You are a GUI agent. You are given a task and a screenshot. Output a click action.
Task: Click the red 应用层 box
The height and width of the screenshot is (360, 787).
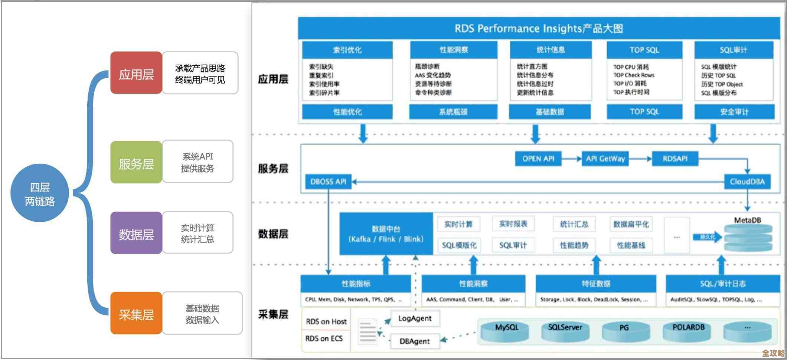click(136, 73)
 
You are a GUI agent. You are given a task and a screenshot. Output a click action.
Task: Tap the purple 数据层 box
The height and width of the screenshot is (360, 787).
click(136, 233)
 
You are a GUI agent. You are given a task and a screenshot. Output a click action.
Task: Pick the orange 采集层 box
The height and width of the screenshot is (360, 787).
click(136, 314)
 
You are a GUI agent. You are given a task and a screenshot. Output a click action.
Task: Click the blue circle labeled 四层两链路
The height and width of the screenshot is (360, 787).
click(40, 193)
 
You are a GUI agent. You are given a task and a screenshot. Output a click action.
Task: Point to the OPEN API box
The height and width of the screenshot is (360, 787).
click(538, 159)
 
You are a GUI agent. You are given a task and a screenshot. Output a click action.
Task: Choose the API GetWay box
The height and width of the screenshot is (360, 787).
click(605, 159)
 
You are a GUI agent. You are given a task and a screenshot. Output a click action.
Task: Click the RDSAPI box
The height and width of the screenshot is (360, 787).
click(675, 159)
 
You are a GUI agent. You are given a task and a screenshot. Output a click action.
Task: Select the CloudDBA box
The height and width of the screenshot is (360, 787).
click(747, 182)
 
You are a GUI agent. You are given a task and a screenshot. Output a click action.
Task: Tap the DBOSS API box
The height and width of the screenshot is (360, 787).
click(328, 182)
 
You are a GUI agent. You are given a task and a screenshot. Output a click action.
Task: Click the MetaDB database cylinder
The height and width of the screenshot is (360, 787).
click(748, 238)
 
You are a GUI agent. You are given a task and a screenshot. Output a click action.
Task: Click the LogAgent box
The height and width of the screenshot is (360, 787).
click(415, 318)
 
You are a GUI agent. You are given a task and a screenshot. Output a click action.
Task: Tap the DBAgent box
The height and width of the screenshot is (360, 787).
click(414, 341)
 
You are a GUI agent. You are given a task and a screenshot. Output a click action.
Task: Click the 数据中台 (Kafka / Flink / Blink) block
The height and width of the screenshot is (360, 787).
click(386, 234)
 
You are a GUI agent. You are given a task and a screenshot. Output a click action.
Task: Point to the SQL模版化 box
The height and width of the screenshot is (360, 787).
click(459, 245)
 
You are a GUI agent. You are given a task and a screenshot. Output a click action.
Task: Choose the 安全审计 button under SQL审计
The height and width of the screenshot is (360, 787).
click(734, 112)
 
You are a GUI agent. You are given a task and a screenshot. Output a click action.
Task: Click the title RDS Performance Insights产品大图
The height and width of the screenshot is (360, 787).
click(539, 29)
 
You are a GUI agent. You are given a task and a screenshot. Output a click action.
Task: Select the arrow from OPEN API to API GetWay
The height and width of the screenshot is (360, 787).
click(571, 159)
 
